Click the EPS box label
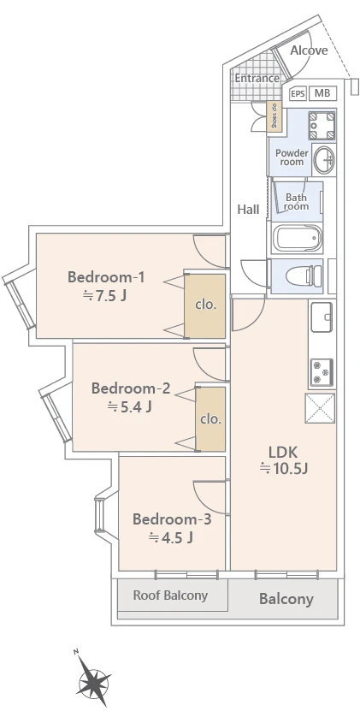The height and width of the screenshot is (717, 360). (298, 94)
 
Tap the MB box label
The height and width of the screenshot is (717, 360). (322, 93)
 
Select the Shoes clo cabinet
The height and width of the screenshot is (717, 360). (274, 116)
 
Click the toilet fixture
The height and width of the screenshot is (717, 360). (304, 276)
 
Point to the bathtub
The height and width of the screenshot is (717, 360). (298, 238)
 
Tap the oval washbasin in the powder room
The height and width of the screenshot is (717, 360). (324, 160)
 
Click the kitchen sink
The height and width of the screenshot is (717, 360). (322, 317)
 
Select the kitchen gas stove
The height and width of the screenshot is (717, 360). (322, 372)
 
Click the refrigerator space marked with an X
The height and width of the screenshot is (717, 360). (320, 408)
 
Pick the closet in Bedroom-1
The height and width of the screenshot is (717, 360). (204, 305)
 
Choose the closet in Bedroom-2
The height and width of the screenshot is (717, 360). (210, 419)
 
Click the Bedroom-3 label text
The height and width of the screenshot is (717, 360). (172, 519)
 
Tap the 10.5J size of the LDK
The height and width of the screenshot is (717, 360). (284, 469)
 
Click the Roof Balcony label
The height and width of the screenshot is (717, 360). (170, 596)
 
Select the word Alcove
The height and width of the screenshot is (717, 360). (309, 50)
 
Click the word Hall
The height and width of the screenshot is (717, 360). (248, 210)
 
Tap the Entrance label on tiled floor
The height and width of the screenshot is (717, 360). (257, 78)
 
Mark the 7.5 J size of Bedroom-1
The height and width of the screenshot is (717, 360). (104, 296)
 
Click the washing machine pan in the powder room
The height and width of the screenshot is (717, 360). (322, 126)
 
